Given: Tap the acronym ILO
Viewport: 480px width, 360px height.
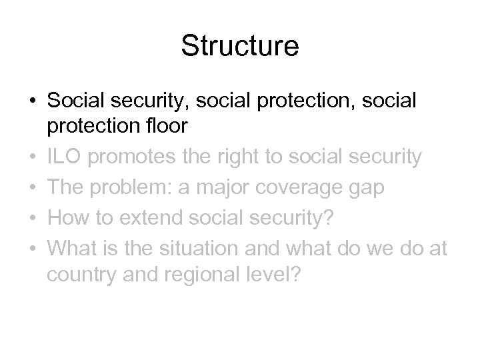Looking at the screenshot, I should pyautogui.click(x=65, y=157).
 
